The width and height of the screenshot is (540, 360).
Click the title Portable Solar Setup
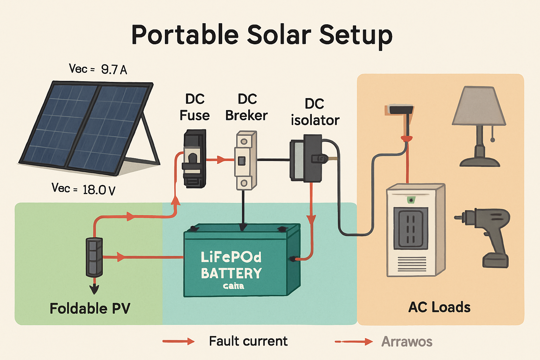point(262,35)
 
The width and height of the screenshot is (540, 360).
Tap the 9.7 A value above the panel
point(114,69)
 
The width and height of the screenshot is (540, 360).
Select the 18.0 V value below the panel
point(99,190)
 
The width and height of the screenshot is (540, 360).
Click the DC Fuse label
point(194,107)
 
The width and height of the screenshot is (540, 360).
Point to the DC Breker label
point(246,107)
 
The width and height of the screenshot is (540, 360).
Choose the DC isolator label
point(315,112)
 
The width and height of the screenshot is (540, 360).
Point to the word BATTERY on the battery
point(231,273)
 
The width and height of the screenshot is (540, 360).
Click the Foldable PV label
point(90,308)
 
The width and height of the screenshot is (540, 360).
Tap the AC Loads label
point(439,307)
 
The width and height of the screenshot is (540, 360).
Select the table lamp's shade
point(479,106)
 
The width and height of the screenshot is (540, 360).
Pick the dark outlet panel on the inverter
point(410,228)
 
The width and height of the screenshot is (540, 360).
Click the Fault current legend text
point(248,341)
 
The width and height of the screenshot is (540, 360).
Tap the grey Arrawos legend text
point(407,341)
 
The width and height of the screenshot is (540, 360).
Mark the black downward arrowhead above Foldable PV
point(94,289)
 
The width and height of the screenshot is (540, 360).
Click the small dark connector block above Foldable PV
point(94,257)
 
